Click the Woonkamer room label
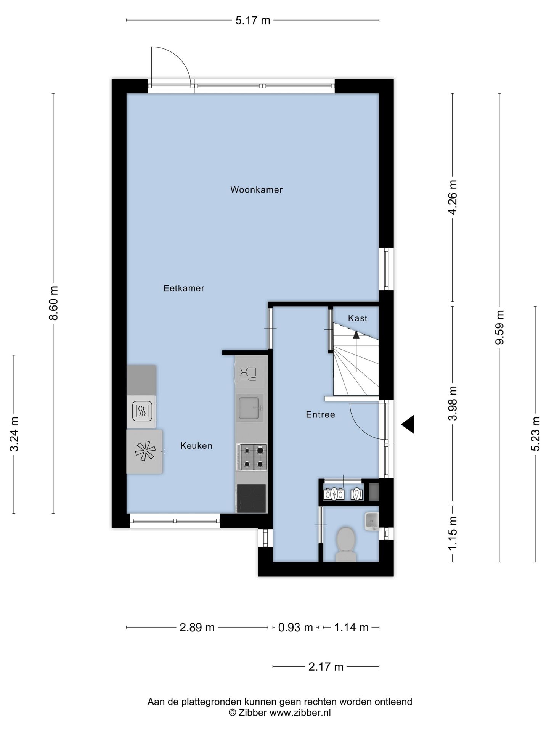coord(256,189)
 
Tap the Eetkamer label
coord(184,288)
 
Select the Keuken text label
coord(196,446)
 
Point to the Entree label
coord(320,414)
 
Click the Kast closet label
coord(358,318)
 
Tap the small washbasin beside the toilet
coord(372,521)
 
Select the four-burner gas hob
coord(252,457)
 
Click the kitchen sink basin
coord(249,408)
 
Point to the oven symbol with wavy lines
coord(142,411)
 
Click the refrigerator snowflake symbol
coord(145,451)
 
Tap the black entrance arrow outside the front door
coord(408,424)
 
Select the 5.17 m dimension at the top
coord(253,21)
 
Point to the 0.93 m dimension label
coord(295,627)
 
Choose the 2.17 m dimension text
coord(326,667)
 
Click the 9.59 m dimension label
coord(499,327)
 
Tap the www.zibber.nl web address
coord(300,713)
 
